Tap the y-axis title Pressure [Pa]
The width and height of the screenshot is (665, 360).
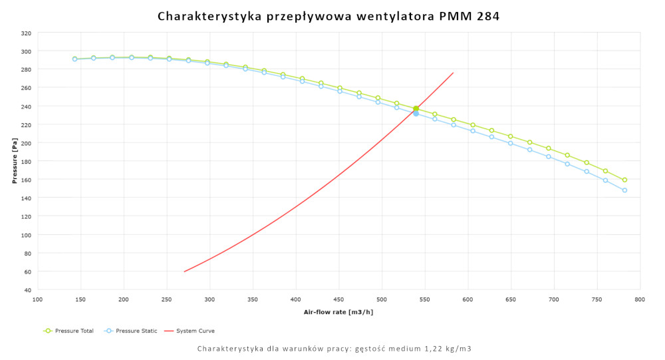click(15, 161)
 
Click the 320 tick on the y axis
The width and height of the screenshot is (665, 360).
click(25, 33)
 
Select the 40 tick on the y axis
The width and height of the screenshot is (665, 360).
click(27, 290)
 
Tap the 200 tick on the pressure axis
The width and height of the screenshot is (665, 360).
click(25, 143)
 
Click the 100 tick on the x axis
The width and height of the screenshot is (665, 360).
click(37, 300)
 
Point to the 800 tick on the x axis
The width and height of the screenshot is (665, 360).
click(640, 300)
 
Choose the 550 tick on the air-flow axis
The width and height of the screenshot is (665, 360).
click(424, 300)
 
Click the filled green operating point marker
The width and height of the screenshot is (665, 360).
click(416, 108)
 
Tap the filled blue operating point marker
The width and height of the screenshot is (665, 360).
click(416, 114)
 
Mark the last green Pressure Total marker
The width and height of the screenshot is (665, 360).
click(624, 180)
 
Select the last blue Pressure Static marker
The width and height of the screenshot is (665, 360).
click(624, 190)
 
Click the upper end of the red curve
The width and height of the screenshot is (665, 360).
click(453, 73)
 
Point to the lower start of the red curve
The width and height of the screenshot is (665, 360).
click(184, 271)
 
